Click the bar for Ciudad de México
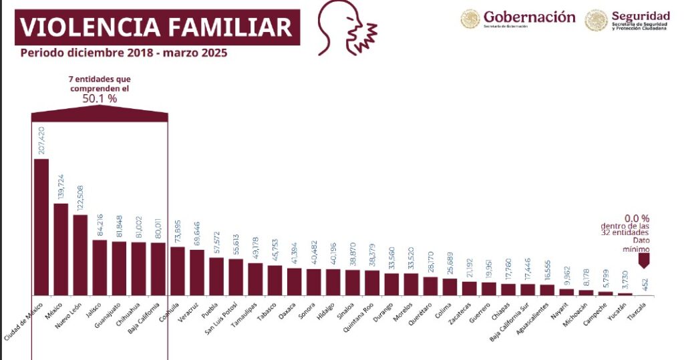pos(41,226)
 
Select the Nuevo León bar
pos(80,254)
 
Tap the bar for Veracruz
pos(197,272)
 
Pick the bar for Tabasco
pos(275,280)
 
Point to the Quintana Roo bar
pos(372,282)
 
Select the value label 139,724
pos(61,184)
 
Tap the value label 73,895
pos(178,229)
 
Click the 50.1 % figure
pos(99,98)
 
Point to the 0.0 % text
pos(637,218)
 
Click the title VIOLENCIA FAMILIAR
pos(156,27)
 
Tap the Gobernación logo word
pos(529,17)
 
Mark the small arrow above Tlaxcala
pos(643,263)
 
